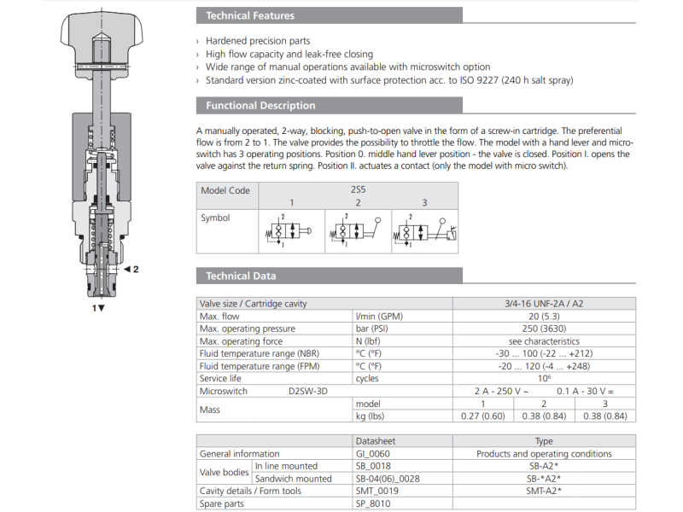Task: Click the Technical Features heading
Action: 250,16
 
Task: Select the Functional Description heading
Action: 255,106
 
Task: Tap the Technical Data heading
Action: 241,276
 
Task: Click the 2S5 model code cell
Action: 358,190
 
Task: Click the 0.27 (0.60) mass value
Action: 482,416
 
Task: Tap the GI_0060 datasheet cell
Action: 376,454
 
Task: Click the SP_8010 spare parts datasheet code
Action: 376,503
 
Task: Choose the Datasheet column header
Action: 377,441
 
